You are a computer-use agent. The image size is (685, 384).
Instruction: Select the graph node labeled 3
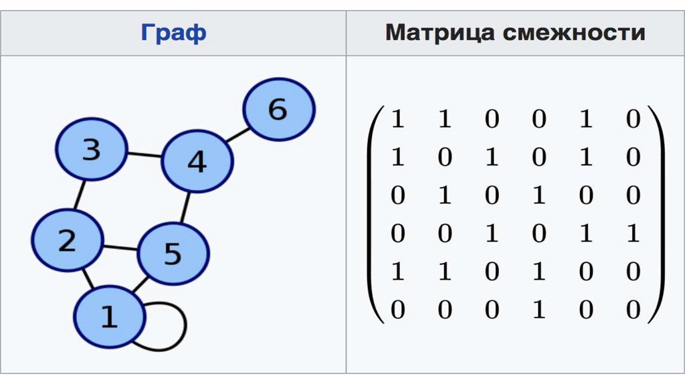[91, 149]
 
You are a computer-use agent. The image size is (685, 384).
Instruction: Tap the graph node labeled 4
[197, 161]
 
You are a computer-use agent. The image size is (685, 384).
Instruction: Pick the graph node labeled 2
[68, 239]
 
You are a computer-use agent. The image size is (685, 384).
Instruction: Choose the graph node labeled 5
[173, 253]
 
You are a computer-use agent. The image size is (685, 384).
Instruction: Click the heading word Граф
[173, 33]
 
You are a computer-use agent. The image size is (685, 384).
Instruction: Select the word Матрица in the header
[439, 33]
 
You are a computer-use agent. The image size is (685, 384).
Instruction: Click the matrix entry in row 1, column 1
[398, 120]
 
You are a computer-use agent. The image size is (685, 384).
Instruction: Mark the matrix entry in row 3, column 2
[445, 196]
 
